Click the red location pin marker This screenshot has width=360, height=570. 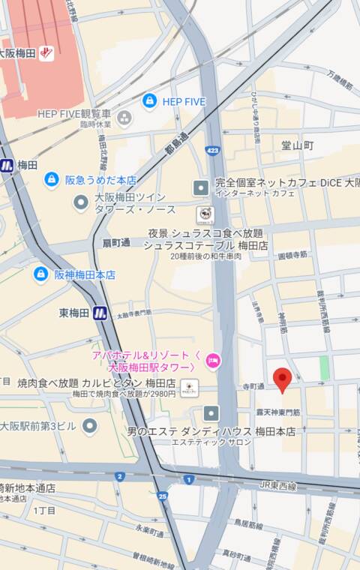coord(282,379)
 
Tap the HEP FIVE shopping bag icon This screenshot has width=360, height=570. coord(150,100)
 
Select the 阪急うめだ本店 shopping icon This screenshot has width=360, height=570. coord(51,179)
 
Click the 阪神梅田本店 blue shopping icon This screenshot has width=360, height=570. coord(40,274)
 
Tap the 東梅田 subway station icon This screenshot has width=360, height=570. coord(100,313)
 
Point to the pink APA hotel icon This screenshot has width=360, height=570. coord(214,361)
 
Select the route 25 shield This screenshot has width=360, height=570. coord(163,496)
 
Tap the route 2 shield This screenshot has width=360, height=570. coord(119,476)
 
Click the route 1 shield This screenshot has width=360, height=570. coord(188,479)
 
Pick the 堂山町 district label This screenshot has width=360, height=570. coord(297,145)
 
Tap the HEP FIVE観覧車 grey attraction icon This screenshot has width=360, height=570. coord(124,118)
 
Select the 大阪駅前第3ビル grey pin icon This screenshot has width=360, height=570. coord(90,426)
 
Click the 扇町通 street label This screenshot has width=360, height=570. coord(116,242)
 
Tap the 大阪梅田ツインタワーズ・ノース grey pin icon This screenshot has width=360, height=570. coord(81,202)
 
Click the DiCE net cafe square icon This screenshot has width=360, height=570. coord(201,187)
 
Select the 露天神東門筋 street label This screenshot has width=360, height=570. coord(278,412)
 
